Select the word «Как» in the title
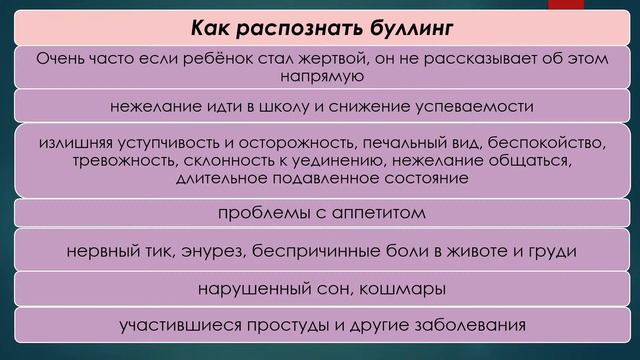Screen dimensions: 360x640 [212, 23]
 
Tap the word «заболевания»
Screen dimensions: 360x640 [465, 326]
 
